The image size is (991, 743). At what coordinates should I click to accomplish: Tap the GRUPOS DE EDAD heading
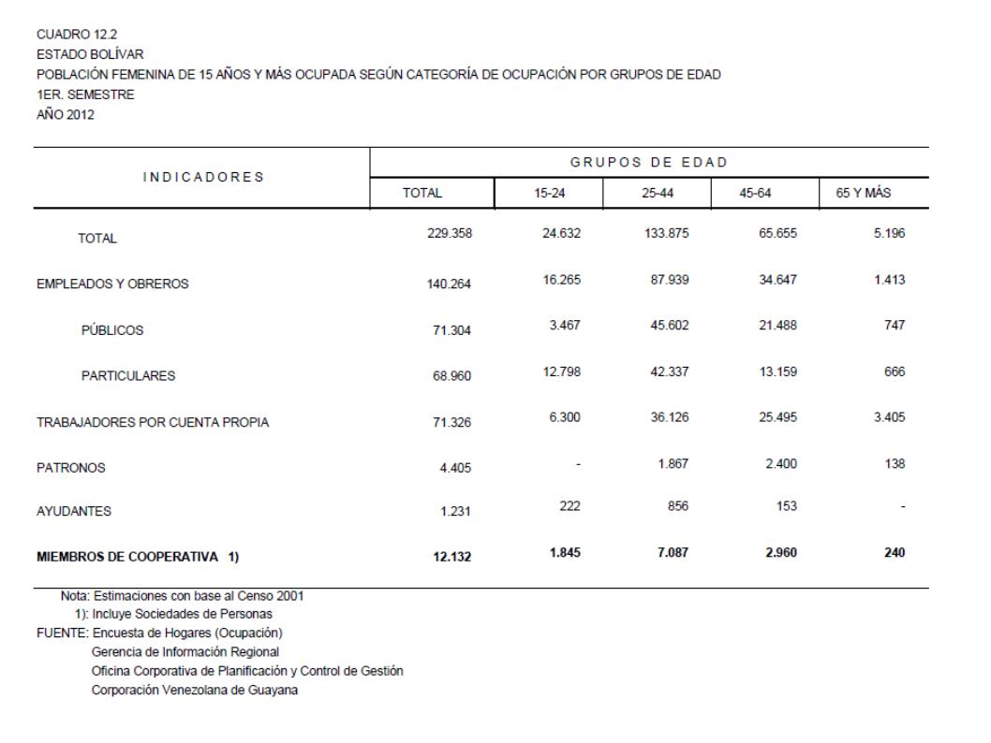(x=649, y=162)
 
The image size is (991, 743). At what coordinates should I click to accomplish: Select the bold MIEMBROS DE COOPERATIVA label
(x=137, y=558)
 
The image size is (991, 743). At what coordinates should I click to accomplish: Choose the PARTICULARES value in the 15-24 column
(x=561, y=371)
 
